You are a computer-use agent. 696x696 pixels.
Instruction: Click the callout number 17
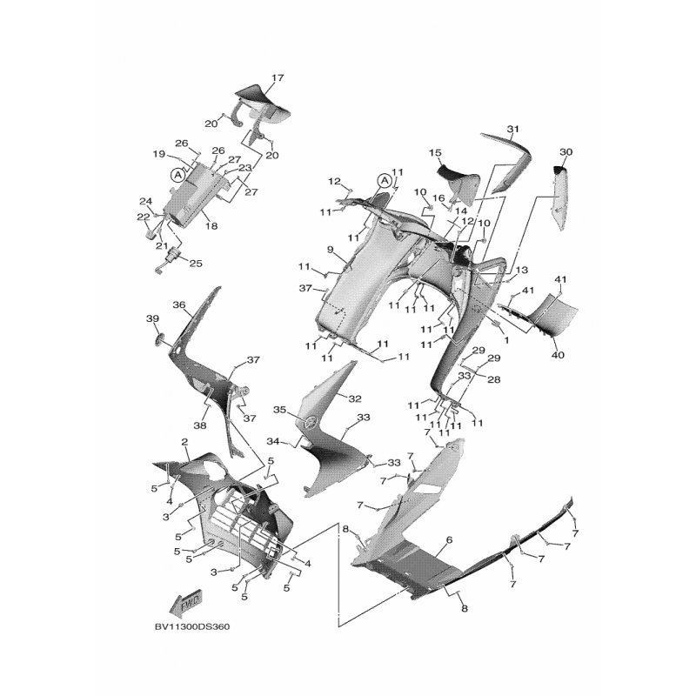pos(278,78)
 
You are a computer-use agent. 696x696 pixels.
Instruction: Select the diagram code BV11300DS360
pos(192,626)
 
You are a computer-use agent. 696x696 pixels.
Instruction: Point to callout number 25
pos(196,264)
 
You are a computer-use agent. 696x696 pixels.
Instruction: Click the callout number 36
pos(179,305)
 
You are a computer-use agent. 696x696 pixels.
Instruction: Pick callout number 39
pos(152,318)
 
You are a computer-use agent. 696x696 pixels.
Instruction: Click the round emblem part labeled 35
pos(311,421)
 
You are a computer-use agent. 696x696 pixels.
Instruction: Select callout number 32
pos(355,398)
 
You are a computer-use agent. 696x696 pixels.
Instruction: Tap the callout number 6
pos(449,539)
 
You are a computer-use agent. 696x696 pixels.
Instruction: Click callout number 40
pos(558,355)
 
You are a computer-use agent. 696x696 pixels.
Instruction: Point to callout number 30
pos(566,151)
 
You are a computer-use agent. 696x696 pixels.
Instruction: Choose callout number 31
pos(513,129)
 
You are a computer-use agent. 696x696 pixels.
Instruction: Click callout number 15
pos(436,153)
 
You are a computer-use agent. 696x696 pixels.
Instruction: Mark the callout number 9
pos(330,250)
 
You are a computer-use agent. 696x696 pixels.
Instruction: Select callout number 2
pos(184,442)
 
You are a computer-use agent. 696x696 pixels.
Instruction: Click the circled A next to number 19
pos(178,175)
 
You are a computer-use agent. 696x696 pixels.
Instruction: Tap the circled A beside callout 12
pos(384,181)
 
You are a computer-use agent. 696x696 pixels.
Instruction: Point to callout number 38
pos(200,425)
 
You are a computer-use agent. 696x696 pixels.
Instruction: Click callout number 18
pos(211,226)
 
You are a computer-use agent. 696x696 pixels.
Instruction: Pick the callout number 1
pos(507,340)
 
